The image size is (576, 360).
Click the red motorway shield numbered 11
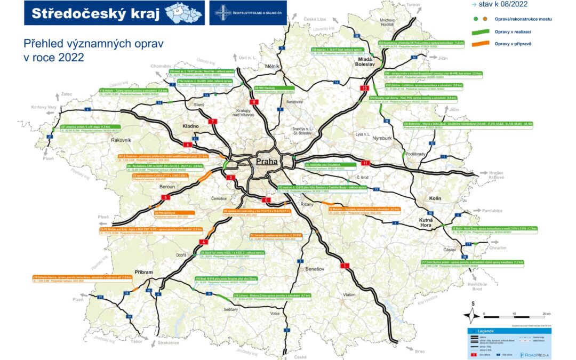point(365,162)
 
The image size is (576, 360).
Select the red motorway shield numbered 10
point(365,88)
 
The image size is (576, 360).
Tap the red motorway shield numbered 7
point(214,122)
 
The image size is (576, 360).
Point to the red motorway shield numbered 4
point(203,242)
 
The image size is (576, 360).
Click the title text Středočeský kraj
point(96,14)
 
